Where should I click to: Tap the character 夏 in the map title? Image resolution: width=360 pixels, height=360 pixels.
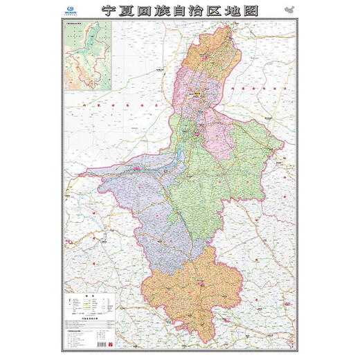coord(129,12)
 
